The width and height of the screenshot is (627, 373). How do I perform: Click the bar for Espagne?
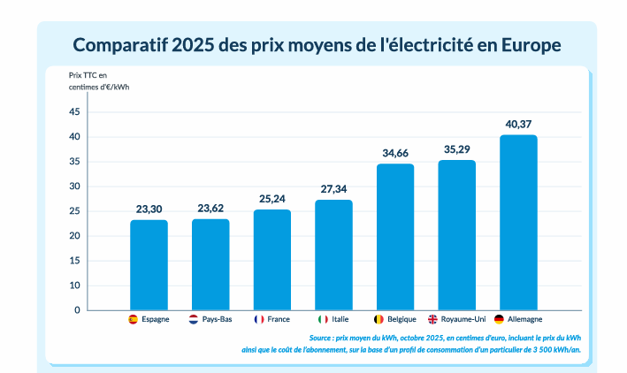point(149,265)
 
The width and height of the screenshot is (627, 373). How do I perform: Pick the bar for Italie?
point(333,255)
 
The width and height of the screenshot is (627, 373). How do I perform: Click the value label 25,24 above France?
point(272,200)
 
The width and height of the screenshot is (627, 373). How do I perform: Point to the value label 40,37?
point(518,124)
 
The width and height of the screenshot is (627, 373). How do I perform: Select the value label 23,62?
point(210,209)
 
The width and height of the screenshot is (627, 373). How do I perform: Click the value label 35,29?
point(457,149)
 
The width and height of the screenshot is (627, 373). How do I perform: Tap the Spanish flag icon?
point(133,319)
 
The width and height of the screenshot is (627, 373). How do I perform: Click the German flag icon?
point(499,319)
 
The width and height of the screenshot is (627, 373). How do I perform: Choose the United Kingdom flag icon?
point(432,319)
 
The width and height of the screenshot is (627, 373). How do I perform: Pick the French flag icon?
point(259,319)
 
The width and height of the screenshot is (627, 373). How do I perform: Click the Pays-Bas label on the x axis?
point(217,319)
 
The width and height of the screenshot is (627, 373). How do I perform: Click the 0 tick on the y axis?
point(77,310)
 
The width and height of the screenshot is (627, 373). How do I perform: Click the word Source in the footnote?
point(321,338)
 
